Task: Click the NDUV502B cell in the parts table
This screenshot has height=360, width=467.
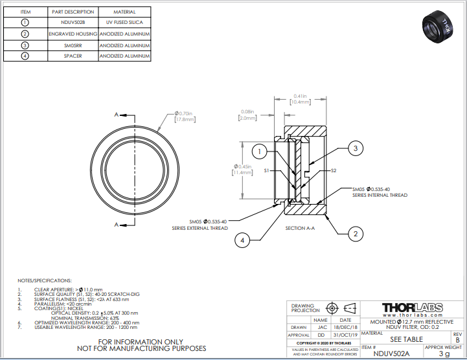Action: pos(73,21)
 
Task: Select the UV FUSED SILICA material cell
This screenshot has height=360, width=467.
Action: pos(124,21)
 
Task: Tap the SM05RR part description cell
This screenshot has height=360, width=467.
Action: pos(73,45)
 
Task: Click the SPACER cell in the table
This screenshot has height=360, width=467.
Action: pos(73,57)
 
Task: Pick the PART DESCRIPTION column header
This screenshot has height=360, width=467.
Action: pos(73,11)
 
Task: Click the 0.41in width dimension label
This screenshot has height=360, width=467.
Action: pos(299,98)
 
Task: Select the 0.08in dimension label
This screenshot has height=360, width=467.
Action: pos(247,115)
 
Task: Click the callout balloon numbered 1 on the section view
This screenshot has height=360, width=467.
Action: pos(258,152)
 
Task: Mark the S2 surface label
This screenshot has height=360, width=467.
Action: pos(334,171)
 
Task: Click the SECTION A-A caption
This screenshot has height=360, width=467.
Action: pos(300,229)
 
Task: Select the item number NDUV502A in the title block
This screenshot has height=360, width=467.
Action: pos(392,354)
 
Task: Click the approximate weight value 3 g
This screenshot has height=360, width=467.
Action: pos(444,354)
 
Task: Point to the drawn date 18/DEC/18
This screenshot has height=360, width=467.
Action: pos(345,328)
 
